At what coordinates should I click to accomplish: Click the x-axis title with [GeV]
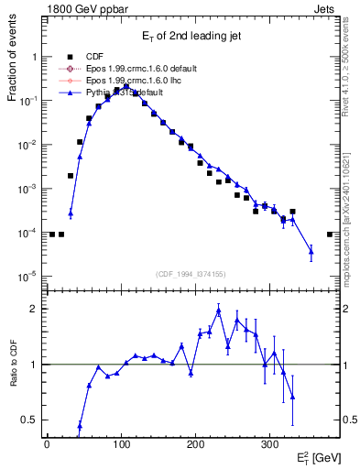click(x=317, y=456)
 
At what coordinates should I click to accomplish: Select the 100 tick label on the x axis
click(x=121, y=442)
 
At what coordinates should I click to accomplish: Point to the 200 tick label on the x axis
click(x=195, y=442)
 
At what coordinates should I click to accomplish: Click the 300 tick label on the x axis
click(x=269, y=442)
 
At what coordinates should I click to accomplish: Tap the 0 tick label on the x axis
click(x=47, y=442)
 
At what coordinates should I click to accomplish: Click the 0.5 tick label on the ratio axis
click(x=29, y=420)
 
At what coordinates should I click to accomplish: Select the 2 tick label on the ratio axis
click(x=34, y=309)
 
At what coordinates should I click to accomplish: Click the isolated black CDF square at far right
click(x=330, y=234)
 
